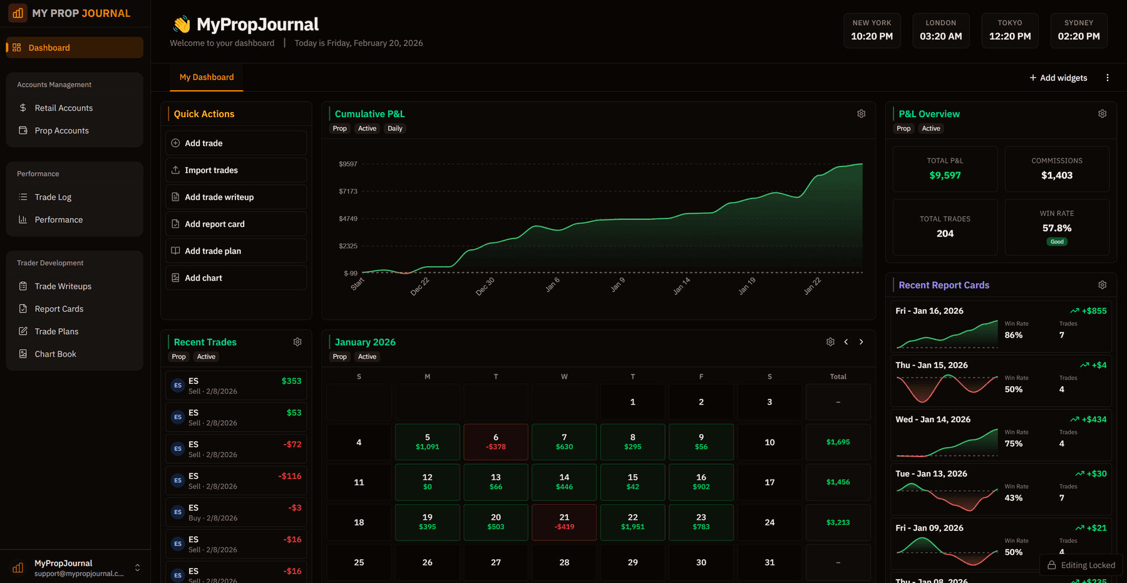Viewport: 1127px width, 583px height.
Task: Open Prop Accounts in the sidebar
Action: (61, 131)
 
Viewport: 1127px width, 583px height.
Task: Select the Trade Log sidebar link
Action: (53, 197)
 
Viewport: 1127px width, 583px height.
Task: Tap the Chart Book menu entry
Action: (55, 354)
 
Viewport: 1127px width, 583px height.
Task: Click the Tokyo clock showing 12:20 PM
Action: (1009, 31)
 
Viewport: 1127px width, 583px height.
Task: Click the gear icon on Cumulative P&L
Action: (861, 114)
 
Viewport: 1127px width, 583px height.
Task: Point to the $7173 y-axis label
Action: (347, 192)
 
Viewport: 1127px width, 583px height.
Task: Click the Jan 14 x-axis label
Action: (681, 286)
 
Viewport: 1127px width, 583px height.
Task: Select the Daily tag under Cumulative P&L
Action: (394, 128)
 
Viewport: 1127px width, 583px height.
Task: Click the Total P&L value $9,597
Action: (944, 176)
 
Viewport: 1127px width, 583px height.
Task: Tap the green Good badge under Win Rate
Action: (1056, 242)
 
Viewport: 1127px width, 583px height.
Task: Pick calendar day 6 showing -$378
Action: (495, 442)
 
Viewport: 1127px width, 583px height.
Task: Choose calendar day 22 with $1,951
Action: (632, 522)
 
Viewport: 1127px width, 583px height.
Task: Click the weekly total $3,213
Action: (838, 522)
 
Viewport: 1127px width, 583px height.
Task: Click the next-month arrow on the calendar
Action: (861, 342)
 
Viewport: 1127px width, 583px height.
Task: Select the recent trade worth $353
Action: (235, 386)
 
